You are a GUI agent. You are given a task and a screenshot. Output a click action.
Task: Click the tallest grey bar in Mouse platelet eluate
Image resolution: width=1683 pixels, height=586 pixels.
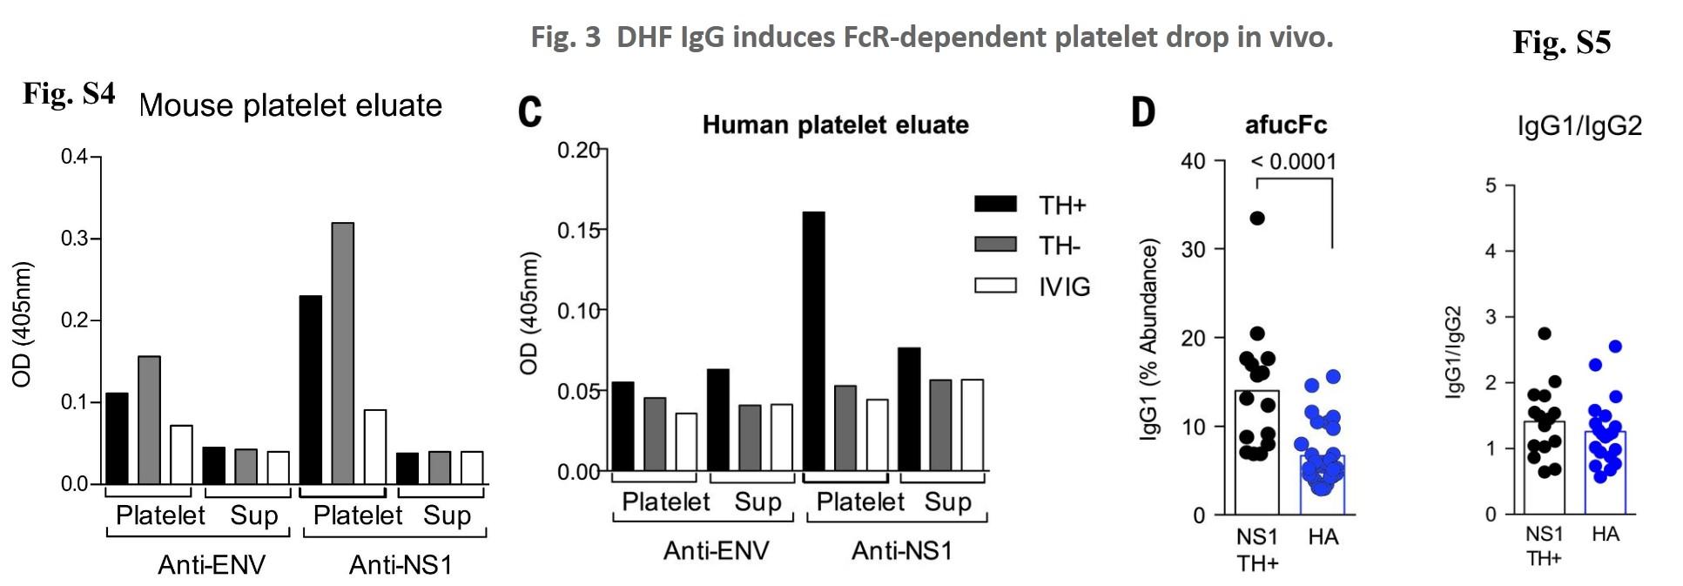tap(342, 353)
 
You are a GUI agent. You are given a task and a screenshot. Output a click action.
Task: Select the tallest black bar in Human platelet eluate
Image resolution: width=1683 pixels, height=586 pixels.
tap(812, 340)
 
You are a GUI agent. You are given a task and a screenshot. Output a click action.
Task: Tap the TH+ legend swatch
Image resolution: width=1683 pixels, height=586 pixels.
tap(995, 205)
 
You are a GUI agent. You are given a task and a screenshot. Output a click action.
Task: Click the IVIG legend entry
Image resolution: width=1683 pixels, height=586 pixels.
tap(1064, 286)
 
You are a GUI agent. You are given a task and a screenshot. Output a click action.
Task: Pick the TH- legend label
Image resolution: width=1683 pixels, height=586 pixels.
tap(1059, 246)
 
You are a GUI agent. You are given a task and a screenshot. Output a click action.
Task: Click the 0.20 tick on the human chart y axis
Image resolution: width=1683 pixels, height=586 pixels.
tap(578, 151)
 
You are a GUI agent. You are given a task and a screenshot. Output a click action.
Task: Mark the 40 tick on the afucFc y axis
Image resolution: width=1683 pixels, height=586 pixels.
tap(1193, 161)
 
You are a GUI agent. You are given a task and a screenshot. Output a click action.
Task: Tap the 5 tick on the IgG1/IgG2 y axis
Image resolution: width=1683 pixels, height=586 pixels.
tap(1491, 185)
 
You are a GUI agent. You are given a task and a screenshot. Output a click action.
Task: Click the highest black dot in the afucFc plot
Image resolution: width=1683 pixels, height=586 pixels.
tap(1257, 218)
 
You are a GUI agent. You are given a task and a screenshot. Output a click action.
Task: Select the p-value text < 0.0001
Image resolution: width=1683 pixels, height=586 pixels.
tap(1293, 161)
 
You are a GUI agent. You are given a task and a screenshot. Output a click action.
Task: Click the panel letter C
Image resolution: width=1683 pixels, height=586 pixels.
tap(529, 111)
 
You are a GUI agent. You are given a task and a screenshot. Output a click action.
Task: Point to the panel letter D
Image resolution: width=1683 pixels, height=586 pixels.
tap(1143, 111)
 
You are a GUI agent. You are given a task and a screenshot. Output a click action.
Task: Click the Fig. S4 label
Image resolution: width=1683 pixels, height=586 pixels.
tap(69, 93)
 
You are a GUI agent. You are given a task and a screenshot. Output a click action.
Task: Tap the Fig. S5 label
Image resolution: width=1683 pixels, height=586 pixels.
tap(1561, 42)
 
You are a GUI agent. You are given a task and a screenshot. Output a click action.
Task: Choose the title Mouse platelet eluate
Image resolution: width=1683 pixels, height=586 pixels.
tap(291, 105)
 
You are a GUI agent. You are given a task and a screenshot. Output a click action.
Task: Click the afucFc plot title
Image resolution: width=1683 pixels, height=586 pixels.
tap(1285, 125)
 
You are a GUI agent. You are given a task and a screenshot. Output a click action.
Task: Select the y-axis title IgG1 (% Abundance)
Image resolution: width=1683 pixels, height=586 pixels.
tap(1149, 340)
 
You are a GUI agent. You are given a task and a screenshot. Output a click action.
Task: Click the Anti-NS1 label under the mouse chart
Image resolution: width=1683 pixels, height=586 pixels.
tap(401, 565)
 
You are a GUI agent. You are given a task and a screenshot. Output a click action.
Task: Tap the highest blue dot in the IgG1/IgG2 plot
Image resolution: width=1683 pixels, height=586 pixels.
tap(1615, 347)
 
